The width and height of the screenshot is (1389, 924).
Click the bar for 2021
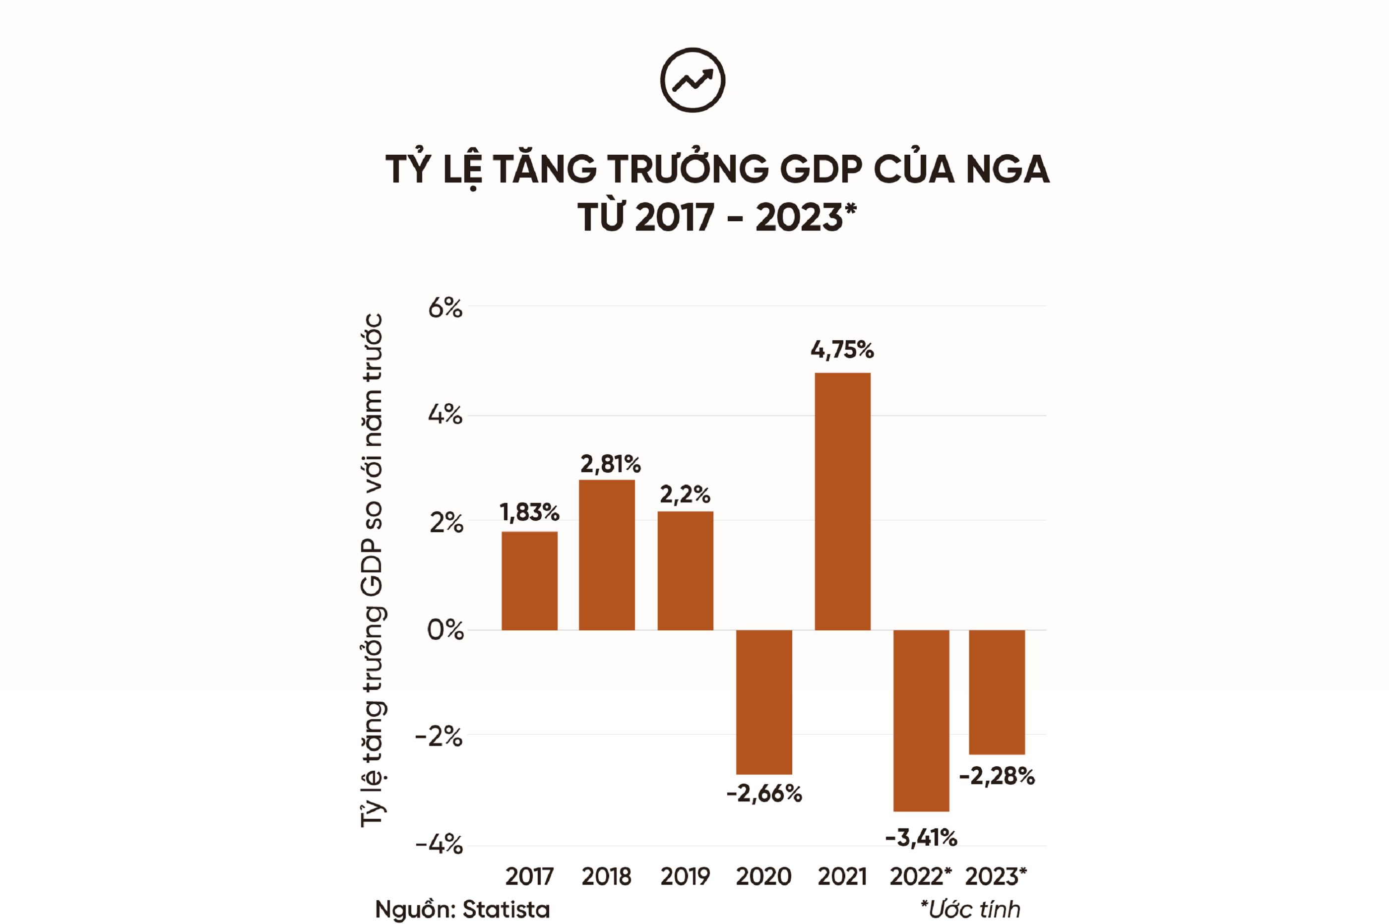point(842,501)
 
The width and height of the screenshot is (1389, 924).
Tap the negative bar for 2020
point(764,701)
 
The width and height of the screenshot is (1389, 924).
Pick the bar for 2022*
point(921,720)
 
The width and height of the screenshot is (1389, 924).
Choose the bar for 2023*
point(997,692)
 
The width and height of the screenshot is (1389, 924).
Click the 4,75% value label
point(842,350)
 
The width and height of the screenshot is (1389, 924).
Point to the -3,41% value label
point(921,837)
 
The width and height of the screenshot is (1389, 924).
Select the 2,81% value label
point(611,464)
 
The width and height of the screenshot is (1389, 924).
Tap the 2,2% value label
point(685,494)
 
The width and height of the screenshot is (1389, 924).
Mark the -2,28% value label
point(997,776)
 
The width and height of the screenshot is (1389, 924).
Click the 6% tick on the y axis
point(445,308)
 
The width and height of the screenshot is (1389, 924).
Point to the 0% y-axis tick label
point(445,630)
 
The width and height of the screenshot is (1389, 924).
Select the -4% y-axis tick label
point(439,845)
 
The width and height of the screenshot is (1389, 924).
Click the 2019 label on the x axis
point(685,877)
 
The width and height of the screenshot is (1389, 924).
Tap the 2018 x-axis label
point(606,877)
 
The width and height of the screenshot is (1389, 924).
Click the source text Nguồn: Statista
point(463,909)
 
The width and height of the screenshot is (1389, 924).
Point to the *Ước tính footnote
point(970,909)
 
